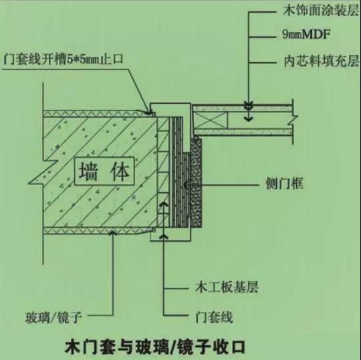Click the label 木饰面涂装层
(x=321, y=11)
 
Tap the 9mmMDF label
(x=306, y=35)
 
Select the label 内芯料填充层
(x=321, y=61)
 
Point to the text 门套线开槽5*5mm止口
(x=64, y=59)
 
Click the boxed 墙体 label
(x=104, y=171)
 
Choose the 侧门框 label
(x=284, y=184)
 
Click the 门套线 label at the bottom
(x=214, y=317)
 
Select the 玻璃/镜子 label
(x=53, y=318)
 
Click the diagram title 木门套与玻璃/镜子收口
(x=155, y=347)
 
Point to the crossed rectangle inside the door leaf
(x=210, y=120)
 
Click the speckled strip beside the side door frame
(x=197, y=182)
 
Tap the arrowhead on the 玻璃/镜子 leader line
(x=113, y=233)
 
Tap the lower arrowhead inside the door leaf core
(x=249, y=119)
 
